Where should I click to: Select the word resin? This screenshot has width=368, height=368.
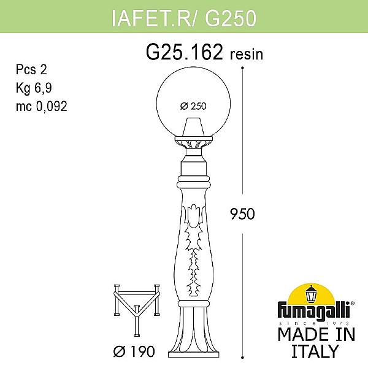coord(247,55)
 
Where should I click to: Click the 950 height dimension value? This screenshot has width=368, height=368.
coord(257,214)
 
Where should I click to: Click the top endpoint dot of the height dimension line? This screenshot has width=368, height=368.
coord(243,66)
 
